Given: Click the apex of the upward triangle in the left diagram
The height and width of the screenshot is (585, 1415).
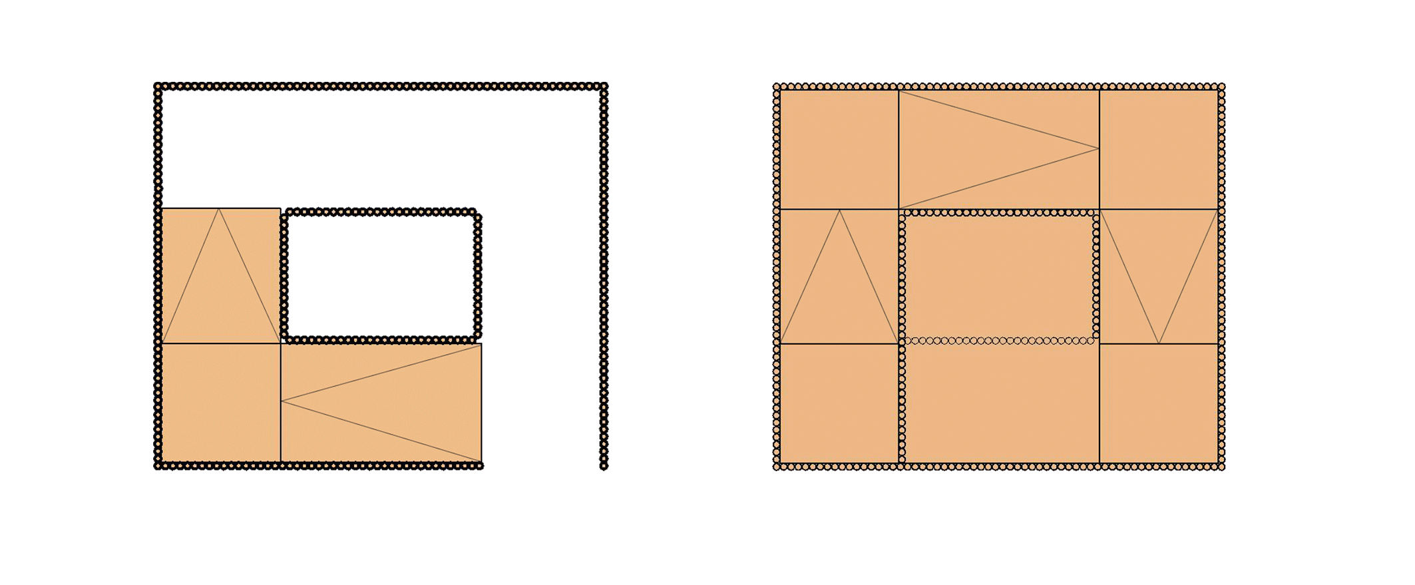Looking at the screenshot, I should pyautogui.click(x=219, y=209).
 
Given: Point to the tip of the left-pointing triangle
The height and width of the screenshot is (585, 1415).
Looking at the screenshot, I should pyautogui.click(x=282, y=401).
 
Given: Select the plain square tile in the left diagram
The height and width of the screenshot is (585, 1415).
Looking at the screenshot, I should pyautogui.click(x=221, y=403).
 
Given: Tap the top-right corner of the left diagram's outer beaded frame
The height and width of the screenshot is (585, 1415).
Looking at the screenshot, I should pyautogui.click(x=604, y=86).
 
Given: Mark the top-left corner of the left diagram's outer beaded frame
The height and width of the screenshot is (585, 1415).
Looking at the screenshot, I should pyautogui.click(x=158, y=86).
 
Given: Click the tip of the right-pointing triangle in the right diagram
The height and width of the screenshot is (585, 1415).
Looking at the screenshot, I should pyautogui.click(x=1098, y=148).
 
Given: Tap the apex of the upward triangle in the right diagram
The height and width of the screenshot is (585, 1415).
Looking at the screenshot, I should pyautogui.click(x=839, y=210).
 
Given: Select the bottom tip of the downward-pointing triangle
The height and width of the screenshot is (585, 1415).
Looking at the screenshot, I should pyautogui.click(x=1159, y=343).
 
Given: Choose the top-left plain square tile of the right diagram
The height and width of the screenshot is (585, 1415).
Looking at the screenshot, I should pyautogui.click(x=839, y=149).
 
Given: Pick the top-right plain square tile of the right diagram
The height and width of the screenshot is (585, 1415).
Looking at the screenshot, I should pyautogui.click(x=1159, y=149).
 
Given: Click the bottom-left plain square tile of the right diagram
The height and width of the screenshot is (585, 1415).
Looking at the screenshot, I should pyautogui.click(x=839, y=403).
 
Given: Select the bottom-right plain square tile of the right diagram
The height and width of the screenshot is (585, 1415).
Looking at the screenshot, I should pyautogui.click(x=1159, y=403).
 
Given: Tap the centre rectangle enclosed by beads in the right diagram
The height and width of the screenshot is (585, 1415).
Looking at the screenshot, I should pyautogui.click(x=999, y=276).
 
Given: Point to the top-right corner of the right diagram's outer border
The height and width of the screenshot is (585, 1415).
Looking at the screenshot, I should pyautogui.click(x=1221, y=87).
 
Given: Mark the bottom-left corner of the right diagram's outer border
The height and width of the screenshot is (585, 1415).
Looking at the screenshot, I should pyautogui.click(x=776, y=467).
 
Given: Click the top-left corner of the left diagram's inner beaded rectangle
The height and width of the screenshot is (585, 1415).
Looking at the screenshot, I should pyautogui.click(x=285, y=213).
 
